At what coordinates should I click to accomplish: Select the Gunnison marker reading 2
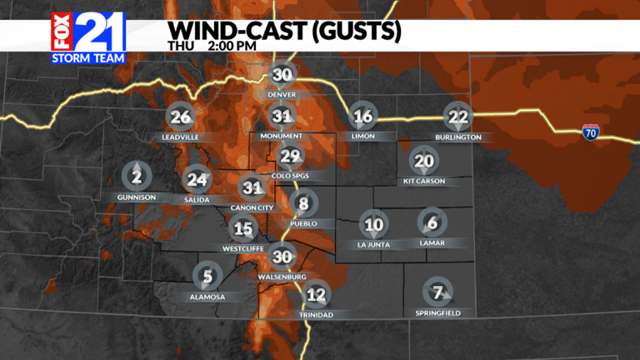(136, 176)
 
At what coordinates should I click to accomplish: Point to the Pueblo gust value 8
(303, 203)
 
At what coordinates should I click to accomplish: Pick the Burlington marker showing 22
(457, 117)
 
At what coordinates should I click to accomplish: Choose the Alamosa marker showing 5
(207, 276)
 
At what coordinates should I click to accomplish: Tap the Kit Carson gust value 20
(424, 161)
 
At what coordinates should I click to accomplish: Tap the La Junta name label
(373, 244)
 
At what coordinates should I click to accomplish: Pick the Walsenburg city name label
(283, 277)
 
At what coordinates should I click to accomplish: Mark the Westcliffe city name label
(242, 247)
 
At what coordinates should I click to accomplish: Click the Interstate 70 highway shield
(590, 130)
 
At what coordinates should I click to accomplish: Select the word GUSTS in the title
(353, 32)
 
